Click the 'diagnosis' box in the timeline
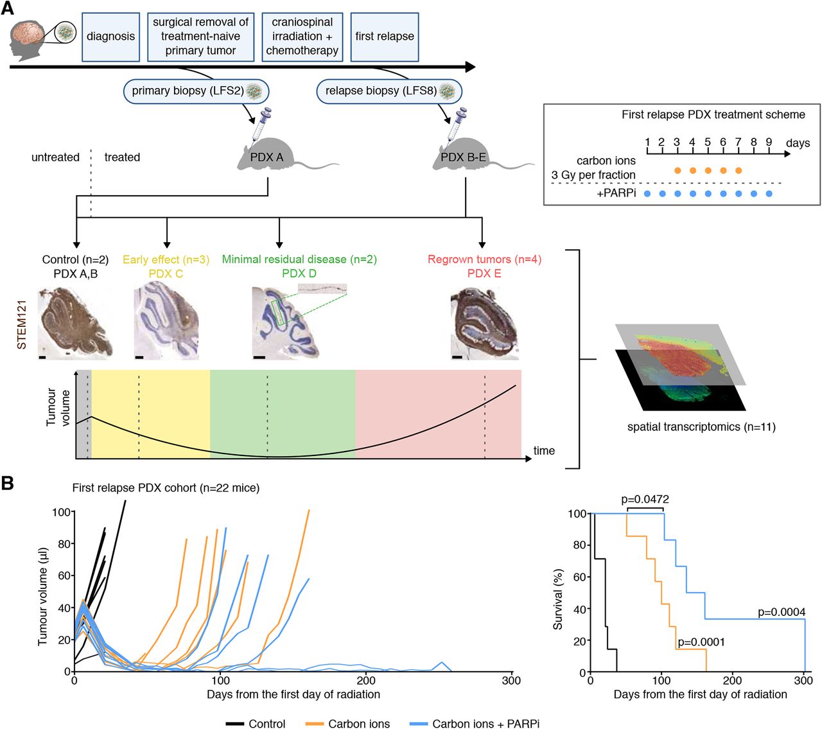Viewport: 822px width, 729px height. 110,37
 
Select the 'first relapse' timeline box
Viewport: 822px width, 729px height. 385,37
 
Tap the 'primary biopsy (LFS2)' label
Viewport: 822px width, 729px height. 196,91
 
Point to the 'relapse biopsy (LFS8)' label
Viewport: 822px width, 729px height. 389,91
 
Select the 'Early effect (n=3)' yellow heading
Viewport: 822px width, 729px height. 166,259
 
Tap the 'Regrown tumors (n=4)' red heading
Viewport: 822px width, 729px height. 484,259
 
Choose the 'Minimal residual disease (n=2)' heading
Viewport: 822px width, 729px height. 299,259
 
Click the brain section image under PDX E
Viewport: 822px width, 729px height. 484,322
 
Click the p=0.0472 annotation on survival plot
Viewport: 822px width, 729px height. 645,500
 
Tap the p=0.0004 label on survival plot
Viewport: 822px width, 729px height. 782,612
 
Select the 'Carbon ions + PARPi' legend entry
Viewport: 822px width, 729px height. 485,724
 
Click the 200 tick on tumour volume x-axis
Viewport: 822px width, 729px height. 366,681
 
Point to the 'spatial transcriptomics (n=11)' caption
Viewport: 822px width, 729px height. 701,426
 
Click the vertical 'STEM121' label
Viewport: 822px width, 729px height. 22,324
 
